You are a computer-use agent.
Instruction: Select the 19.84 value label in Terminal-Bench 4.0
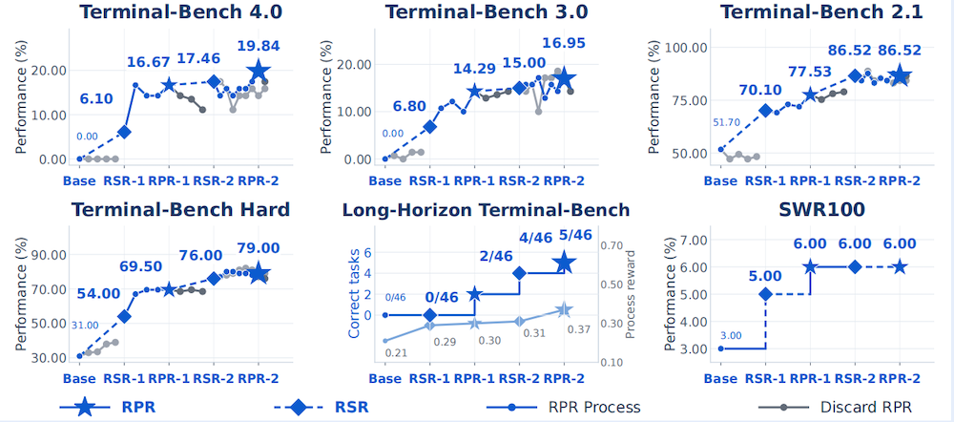258,47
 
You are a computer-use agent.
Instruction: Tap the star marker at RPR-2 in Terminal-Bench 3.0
564,78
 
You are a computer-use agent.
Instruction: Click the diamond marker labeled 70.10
765,110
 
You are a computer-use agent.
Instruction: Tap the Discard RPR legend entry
836,407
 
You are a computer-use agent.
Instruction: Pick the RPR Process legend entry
564,407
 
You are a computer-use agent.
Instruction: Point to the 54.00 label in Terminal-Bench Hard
98,293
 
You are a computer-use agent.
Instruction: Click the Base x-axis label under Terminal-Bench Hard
79,378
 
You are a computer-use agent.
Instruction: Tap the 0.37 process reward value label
579,329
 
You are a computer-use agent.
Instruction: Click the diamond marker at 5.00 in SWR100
765,294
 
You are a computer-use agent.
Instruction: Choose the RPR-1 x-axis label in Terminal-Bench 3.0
474,180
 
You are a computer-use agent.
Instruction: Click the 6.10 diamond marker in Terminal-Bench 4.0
124,132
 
